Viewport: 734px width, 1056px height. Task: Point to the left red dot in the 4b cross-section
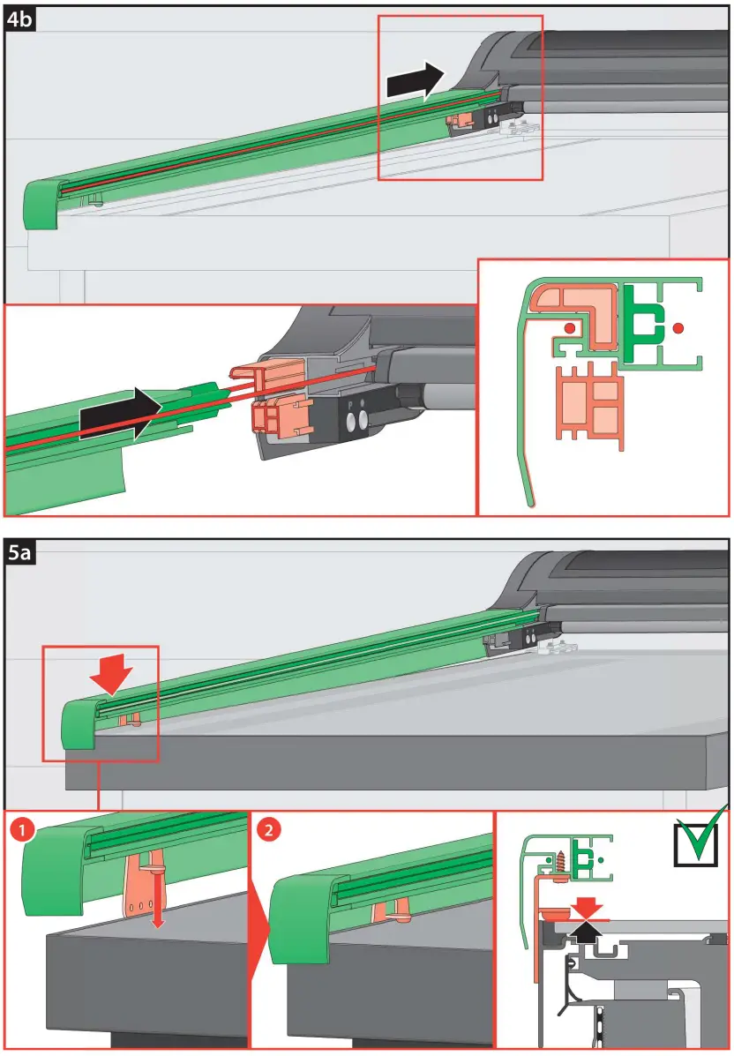[x=569, y=328]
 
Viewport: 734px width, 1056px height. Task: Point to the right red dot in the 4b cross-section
[x=677, y=328]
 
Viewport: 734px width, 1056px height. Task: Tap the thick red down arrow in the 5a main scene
[x=112, y=675]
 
